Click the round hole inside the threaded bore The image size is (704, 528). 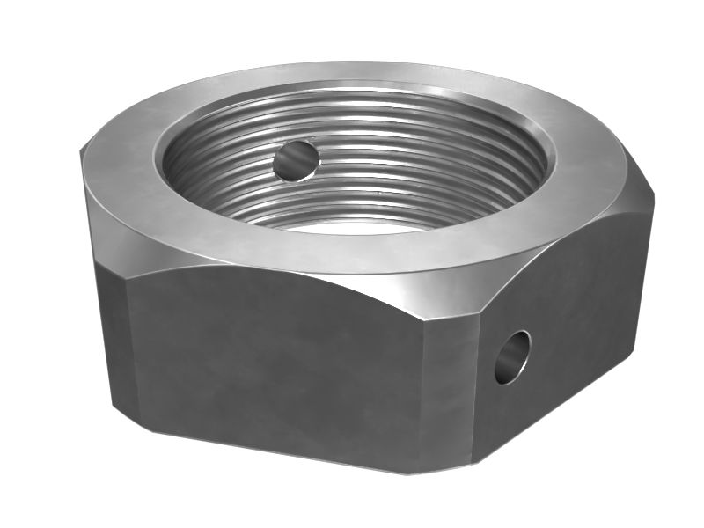pyautogui.click(x=295, y=160)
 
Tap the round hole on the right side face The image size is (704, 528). pyautogui.click(x=511, y=356)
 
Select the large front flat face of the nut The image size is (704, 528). pyautogui.click(x=282, y=370)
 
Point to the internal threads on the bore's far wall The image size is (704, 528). pyautogui.click(x=370, y=123)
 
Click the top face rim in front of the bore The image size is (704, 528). pyautogui.click(x=352, y=251)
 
